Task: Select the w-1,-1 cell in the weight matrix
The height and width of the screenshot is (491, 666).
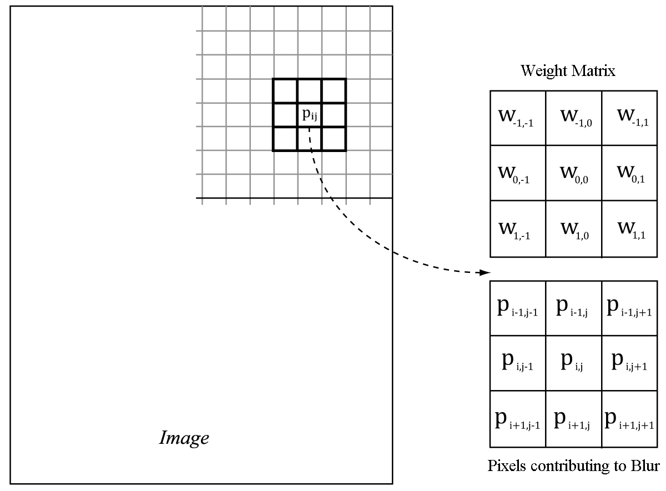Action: click(x=518, y=118)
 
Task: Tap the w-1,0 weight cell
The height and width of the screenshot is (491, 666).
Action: click(x=574, y=118)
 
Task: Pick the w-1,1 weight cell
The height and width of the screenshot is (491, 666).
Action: click(x=630, y=118)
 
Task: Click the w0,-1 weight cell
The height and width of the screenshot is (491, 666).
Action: click(x=518, y=173)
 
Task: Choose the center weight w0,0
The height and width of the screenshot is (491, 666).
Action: click(x=574, y=173)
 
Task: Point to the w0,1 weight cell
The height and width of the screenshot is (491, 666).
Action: click(x=630, y=173)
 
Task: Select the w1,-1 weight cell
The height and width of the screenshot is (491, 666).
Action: click(x=518, y=229)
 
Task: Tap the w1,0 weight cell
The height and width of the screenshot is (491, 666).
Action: click(x=574, y=229)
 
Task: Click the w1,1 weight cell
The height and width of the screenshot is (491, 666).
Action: click(x=630, y=229)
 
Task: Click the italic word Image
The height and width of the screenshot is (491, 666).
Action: click(x=184, y=438)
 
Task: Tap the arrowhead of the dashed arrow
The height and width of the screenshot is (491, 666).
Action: click(x=486, y=273)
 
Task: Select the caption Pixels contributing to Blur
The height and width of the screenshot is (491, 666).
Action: click(x=573, y=465)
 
